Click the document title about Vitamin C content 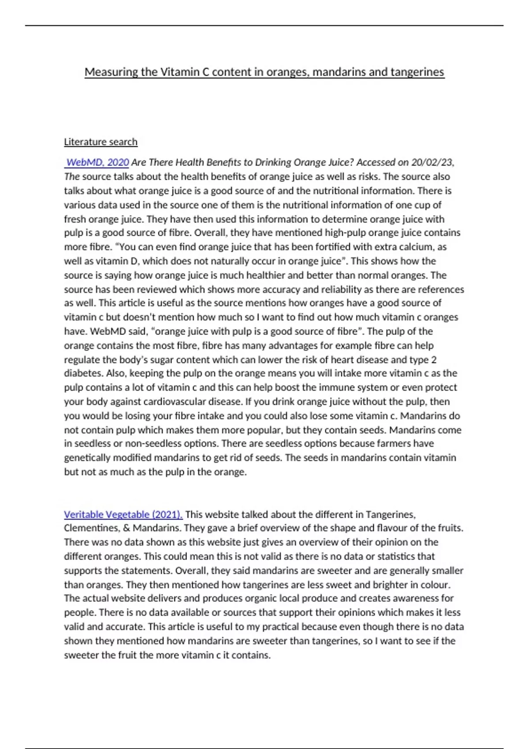pos(264,72)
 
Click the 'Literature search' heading pos(101,142)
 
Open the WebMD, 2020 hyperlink pos(97,163)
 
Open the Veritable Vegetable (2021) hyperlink pos(123,515)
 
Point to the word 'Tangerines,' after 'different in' pos(391,515)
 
